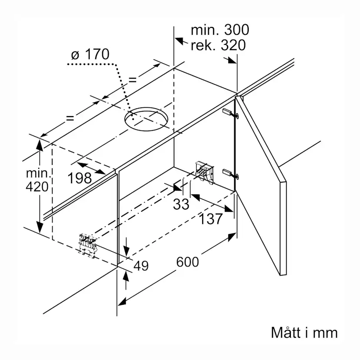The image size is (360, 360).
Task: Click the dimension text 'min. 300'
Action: (x=220, y=30)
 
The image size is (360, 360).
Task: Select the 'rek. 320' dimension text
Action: (x=218, y=45)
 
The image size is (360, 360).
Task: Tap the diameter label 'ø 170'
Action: (x=90, y=54)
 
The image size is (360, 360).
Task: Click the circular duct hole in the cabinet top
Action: (x=146, y=119)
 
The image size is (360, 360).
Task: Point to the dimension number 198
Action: (x=80, y=178)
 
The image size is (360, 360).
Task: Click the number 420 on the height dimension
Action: (x=37, y=187)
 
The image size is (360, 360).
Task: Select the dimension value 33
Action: (x=181, y=204)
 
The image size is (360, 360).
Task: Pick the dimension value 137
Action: (x=211, y=219)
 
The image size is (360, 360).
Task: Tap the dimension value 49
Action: (x=141, y=266)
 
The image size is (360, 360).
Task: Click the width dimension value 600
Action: (x=187, y=262)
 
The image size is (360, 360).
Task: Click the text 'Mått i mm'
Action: (x=304, y=333)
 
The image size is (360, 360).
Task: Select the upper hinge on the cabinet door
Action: (x=230, y=113)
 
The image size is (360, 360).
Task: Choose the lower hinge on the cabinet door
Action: (x=230, y=173)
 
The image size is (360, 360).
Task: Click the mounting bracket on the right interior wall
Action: (x=205, y=172)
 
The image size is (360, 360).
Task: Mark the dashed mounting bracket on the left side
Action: (x=87, y=245)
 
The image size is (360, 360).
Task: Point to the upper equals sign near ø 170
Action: (x=133, y=80)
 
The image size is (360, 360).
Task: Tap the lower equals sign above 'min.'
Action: (x=70, y=118)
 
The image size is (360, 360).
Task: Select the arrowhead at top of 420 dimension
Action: (x=40, y=145)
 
